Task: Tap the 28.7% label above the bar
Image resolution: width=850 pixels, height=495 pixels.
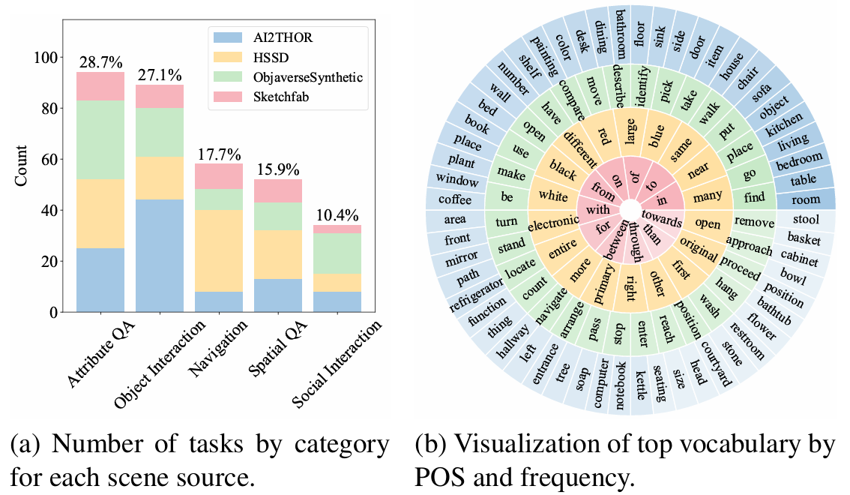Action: [100, 63]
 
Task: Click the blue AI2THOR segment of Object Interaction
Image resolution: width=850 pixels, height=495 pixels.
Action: [160, 255]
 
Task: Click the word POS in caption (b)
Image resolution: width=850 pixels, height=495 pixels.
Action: [441, 476]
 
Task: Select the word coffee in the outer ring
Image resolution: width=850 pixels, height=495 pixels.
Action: [454, 199]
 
